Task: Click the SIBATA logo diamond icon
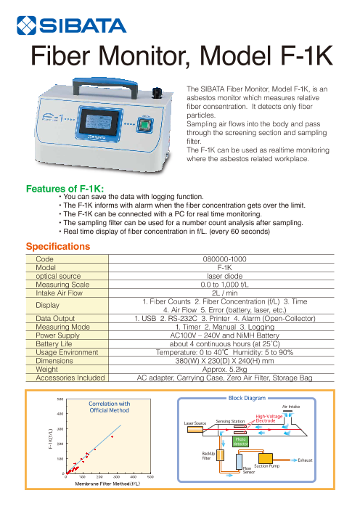[26, 25]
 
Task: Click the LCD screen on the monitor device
[99, 122]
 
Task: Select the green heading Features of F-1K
[65, 189]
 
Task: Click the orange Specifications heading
[58, 246]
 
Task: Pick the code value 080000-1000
[224, 259]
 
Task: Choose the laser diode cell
[224, 276]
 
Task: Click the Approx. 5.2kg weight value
[224, 369]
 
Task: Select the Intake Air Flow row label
[59, 293]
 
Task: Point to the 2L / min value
[224, 293]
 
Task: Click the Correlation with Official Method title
[110, 407]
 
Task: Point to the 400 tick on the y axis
[60, 414]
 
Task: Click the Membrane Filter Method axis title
[107, 484]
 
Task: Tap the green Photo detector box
[240, 441]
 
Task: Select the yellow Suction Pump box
[266, 458]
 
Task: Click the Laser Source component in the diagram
[195, 429]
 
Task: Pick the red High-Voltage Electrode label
[269, 418]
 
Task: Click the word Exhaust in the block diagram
[305, 460]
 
